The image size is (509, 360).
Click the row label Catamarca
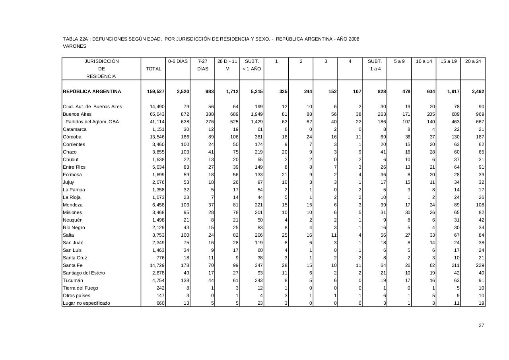coord(75,129)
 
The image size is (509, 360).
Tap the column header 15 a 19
coord(449,61)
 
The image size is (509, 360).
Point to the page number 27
coord(481,325)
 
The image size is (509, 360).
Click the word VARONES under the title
coord(74,46)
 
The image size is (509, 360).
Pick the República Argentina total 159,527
coord(156,91)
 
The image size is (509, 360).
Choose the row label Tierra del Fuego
coord(80,288)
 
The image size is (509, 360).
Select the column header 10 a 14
coord(424,61)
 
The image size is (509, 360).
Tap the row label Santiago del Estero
coord(84,273)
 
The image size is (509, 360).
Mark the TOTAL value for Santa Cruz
coord(160,258)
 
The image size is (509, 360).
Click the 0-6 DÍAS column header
coord(178,61)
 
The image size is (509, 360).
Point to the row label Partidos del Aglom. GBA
coord(92,122)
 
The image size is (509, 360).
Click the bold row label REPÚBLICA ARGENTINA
coord(92,91)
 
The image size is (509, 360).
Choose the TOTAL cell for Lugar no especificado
coord(160,303)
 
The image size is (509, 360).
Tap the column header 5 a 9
coord(399,61)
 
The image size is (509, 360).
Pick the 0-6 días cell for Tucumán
coord(185,280)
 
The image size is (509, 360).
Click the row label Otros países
coord(76,296)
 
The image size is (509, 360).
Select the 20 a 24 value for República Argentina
coord(478,91)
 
